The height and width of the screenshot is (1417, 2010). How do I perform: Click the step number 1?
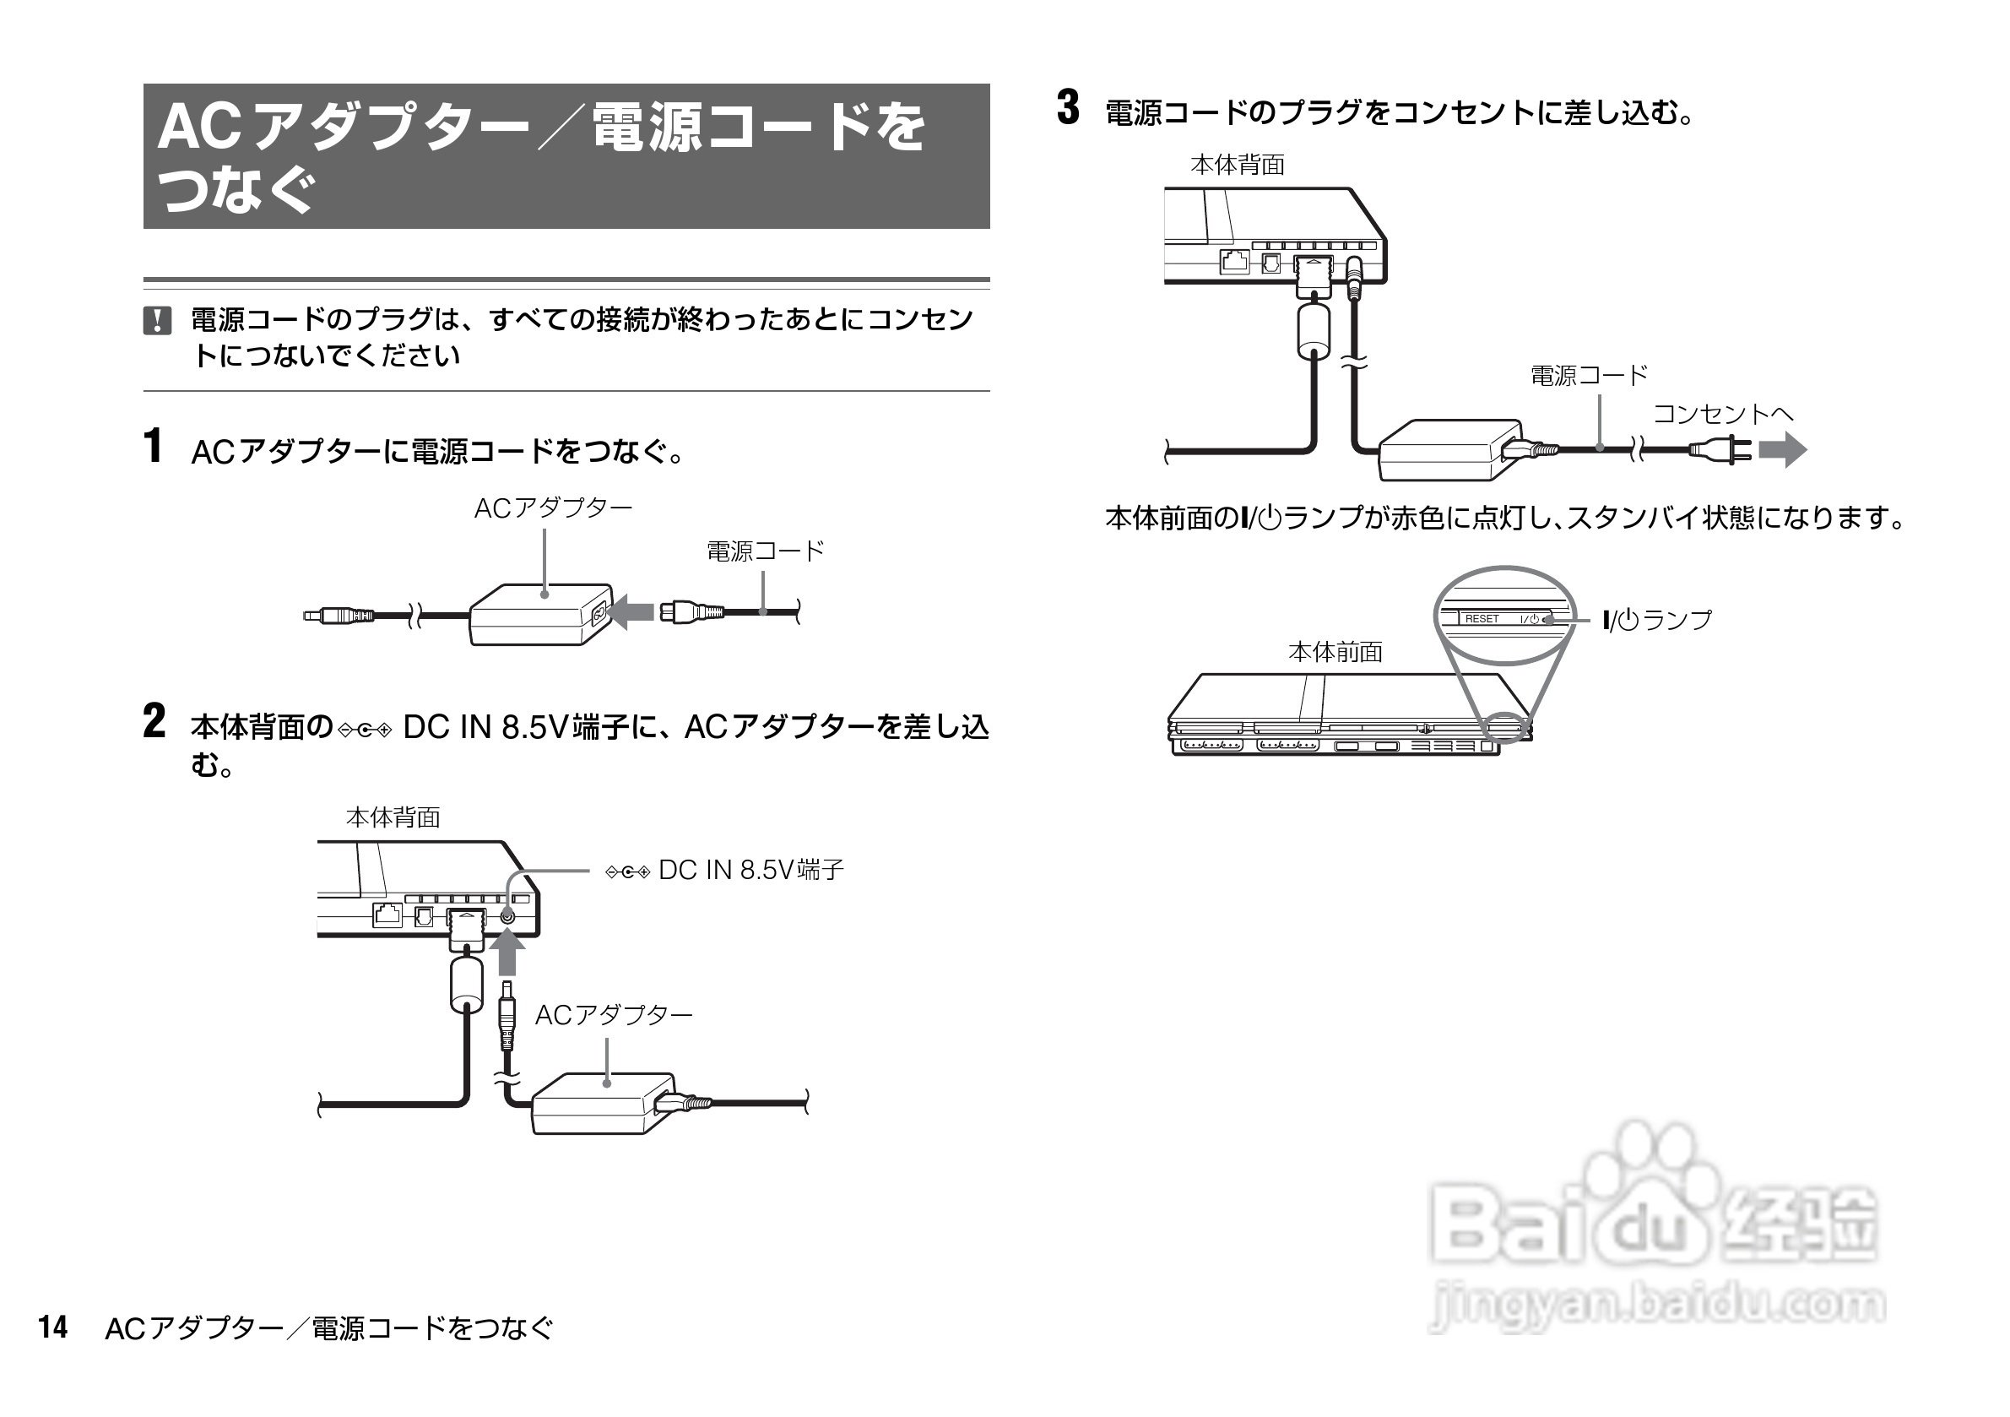pos(153,446)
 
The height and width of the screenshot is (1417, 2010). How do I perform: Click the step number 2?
pos(154,722)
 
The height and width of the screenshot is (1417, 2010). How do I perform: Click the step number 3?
pos(1068,109)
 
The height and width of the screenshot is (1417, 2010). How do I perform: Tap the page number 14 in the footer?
pos(52,1327)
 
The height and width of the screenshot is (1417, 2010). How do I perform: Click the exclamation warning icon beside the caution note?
pos(157,321)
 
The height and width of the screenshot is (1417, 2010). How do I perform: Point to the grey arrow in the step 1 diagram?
pos(631,611)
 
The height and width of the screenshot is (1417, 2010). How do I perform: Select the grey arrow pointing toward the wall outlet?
pos(1782,450)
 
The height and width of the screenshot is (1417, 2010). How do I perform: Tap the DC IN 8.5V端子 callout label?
pos(750,871)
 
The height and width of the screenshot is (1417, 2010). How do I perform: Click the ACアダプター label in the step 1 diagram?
pos(552,509)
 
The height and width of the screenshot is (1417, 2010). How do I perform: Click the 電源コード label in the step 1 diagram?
pos(765,551)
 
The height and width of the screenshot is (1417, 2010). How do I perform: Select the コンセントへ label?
pos(1722,415)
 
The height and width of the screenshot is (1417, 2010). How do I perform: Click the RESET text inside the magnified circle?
pos(1482,619)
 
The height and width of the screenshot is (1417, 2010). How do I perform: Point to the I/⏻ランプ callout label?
pos(1656,621)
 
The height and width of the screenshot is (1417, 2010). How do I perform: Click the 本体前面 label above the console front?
pos(1335,653)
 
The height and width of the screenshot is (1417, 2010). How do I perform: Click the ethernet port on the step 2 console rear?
pos(387,915)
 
